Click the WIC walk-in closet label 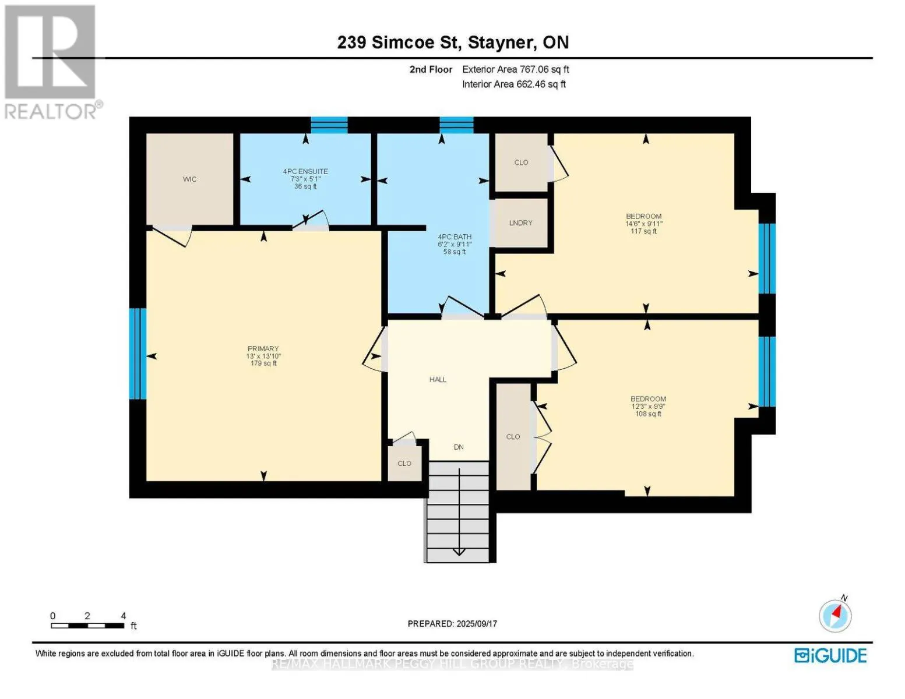coord(189,179)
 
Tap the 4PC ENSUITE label coord(305,171)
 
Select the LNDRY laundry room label coord(520,223)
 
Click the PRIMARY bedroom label coord(263,349)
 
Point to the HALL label coord(438,380)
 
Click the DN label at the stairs coord(459,447)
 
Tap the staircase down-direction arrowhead coord(459,552)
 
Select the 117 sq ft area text coord(643,231)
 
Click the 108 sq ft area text coord(648,414)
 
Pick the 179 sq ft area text coord(263,363)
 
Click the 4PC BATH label coord(455,237)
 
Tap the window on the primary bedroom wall coord(138,354)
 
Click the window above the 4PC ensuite coord(329,125)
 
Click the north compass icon coord(835,616)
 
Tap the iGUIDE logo coord(830,655)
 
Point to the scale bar coord(87,626)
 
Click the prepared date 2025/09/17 coord(452,624)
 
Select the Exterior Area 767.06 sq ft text coord(515,69)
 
